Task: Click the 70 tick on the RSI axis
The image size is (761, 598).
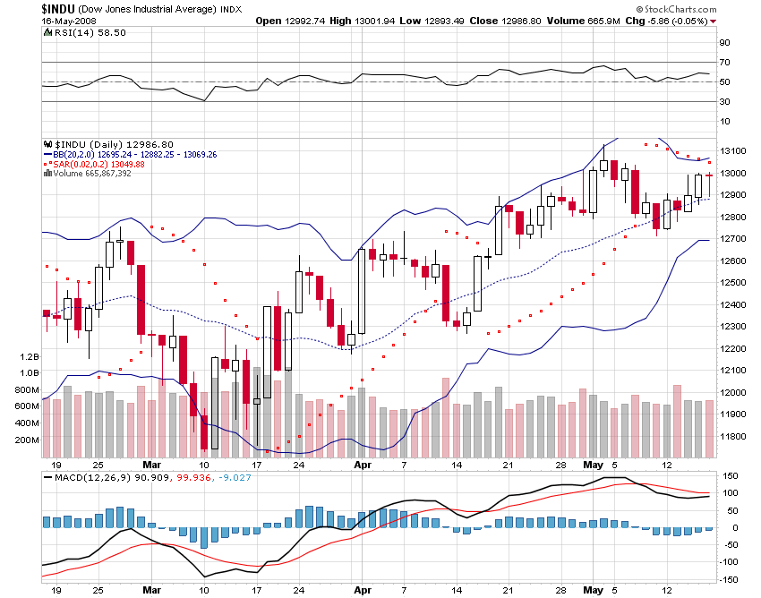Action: tap(724, 63)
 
